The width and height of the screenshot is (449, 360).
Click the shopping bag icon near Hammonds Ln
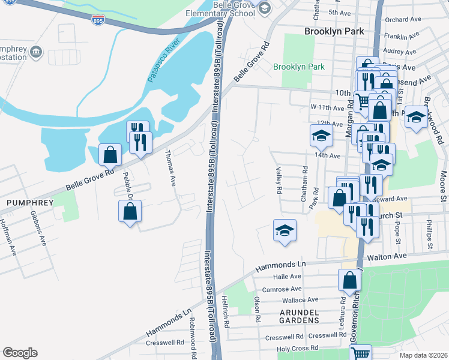pos(349,280)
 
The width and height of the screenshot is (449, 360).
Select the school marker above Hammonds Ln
pos(285,230)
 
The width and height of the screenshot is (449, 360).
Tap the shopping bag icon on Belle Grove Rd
pos(110,155)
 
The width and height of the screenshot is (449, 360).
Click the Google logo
pos(20,353)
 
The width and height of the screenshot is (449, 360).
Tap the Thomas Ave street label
pos(170,169)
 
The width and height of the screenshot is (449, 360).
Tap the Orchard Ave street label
pos(403,19)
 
